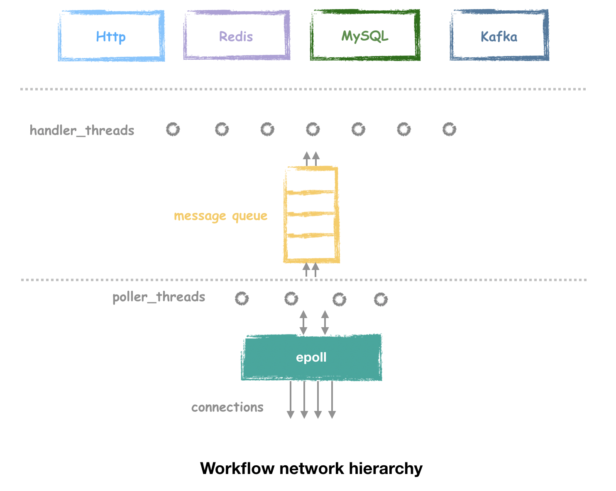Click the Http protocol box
(x=111, y=36)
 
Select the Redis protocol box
(x=236, y=36)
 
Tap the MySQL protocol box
(x=365, y=36)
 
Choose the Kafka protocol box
(x=499, y=36)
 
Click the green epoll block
(x=311, y=357)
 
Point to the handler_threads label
(x=82, y=131)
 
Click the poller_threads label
(x=159, y=297)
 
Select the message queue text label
(x=220, y=216)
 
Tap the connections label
(x=227, y=407)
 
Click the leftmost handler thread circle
(x=173, y=129)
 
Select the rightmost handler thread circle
(x=449, y=129)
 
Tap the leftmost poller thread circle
(x=242, y=299)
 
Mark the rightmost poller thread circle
(x=381, y=299)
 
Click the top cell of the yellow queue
(x=311, y=180)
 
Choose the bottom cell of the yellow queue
(x=311, y=248)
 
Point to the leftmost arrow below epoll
(x=291, y=399)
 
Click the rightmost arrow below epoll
(x=332, y=399)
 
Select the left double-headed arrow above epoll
(x=303, y=323)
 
